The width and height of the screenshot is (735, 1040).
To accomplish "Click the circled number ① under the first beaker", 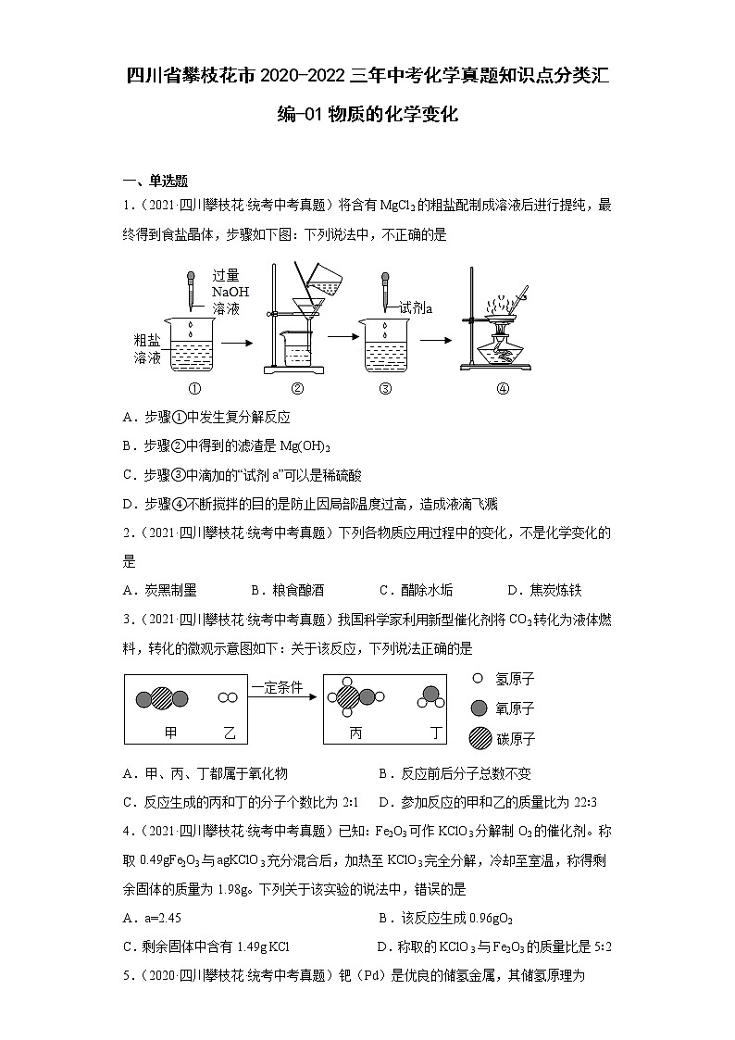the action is point(194,389).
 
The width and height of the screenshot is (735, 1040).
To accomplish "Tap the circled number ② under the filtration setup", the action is point(297,389).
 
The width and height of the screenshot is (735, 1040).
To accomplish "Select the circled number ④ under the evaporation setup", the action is point(503,389).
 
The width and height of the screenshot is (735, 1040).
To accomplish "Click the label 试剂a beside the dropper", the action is point(416,308).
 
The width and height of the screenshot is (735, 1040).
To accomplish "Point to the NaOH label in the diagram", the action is point(230,291).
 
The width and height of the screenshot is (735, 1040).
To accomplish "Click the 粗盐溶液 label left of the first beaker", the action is point(148,348).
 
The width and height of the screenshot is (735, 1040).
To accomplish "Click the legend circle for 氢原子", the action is point(478,679).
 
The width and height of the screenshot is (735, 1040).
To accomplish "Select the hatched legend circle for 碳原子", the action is point(479,738).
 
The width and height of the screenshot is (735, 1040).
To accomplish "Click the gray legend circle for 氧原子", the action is point(479,708).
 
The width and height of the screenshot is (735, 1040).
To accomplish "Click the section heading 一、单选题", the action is point(156,181).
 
